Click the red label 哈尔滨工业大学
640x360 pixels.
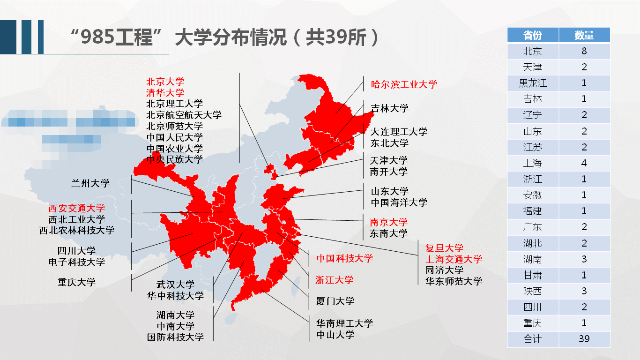pyautogui.click(x=404, y=84)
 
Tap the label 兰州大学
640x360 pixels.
pyautogui.click(x=90, y=183)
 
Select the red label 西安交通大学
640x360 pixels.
pyautogui.click(x=77, y=208)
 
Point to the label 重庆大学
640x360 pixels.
pyautogui.click(x=77, y=282)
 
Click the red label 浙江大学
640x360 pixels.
pyautogui.click(x=334, y=280)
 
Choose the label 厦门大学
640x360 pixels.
pyautogui.click(x=335, y=301)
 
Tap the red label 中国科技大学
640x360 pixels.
pyautogui.click(x=345, y=258)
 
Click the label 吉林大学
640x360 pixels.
pyautogui.click(x=390, y=108)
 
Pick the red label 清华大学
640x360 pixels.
pyautogui.click(x=165, y=92)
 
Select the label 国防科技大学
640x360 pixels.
pyautogui.click(x=176, y=337)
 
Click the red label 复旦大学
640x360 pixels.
pyautogui.click(x=444, y=248)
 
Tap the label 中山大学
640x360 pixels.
pyautogui.click(x=335, y=335)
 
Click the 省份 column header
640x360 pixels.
pyautogui.click(x=533, y=35)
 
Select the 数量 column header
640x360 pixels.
pyautogui.click(x=584, y=35)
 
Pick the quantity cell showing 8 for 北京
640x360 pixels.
pyautogui.click(x=584, y=51)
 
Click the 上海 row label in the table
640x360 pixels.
pyautogui.click(x=533, y=163)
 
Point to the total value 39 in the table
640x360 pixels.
pyautogui.click(x=584, y=339)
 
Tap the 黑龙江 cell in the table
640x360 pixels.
pyautogui.click(x=533, y=83)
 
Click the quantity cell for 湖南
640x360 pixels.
pyautogui.click(x=584, y=259)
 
